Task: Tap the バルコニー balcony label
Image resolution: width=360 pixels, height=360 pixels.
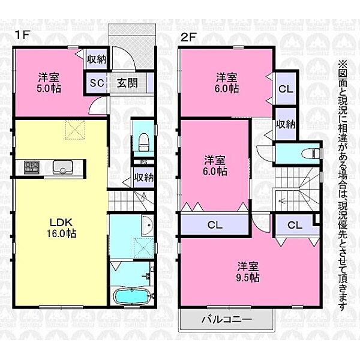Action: coord(226,319)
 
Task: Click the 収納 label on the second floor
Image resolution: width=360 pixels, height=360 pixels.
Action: coord(286,124)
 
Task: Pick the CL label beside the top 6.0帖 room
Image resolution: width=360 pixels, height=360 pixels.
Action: coord(285,89)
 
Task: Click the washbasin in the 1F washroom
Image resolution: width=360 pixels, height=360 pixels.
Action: coord(146,226)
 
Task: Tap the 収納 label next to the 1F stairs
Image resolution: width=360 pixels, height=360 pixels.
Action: coord(143,178)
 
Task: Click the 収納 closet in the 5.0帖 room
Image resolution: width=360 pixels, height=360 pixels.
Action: coord(97,59)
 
